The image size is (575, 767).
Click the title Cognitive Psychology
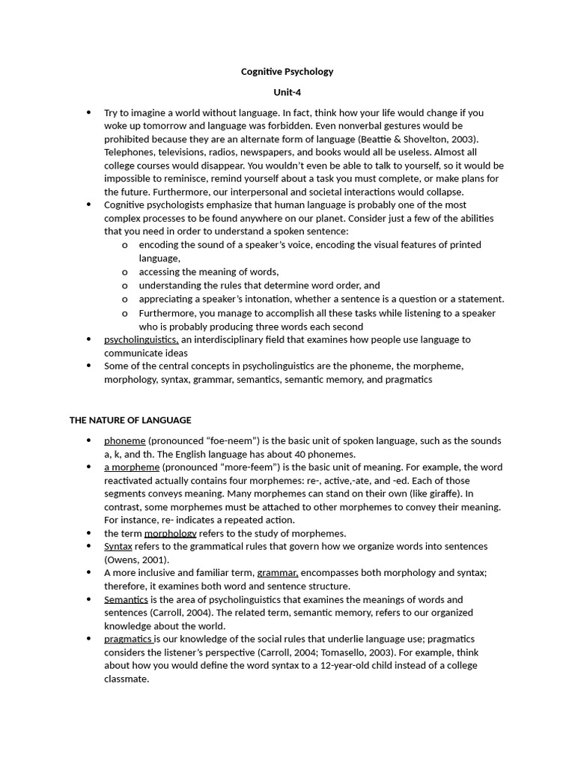tap(287, 72)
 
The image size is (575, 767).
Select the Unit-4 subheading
tap(287, 92)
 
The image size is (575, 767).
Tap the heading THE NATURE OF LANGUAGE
tap(130, 420)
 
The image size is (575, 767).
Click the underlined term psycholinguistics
tap(141, 339)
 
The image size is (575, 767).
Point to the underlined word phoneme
tap(124, 440)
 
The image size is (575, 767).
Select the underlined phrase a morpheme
tap(132, 467)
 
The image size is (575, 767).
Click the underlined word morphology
tap(170, 533)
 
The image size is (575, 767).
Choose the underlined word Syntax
tap(118, 547)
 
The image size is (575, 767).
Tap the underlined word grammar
tap(277, 573)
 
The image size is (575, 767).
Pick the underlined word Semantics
tap(126, 599)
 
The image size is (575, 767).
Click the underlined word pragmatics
tap(128, 639)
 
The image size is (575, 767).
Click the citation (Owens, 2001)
tap(136, 560)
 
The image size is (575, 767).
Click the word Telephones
tap(129, 152)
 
